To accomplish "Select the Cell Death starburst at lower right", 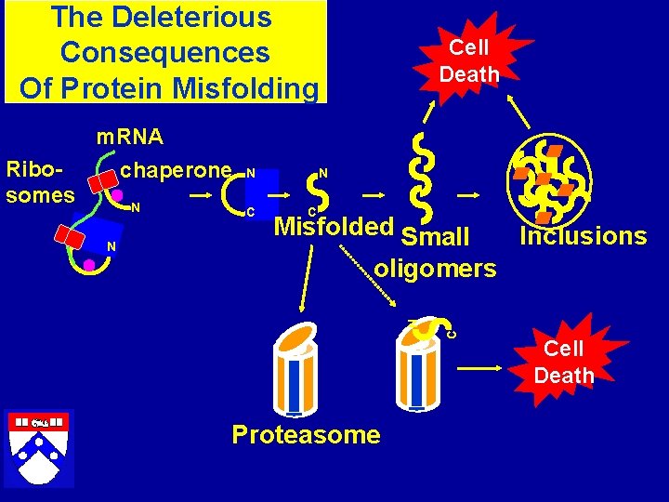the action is coord(563,362).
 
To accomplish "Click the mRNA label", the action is coord(131,138).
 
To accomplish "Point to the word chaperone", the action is coord(177,170).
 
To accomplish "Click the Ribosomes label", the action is coord(40,182).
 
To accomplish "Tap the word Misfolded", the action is coord(334,227).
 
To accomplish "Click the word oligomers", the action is coord(435,269).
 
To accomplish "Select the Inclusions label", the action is coord(583,236).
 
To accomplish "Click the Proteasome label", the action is coord(306,434).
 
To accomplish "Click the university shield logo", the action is coord(39,446).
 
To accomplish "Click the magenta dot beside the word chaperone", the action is coord(118,195).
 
